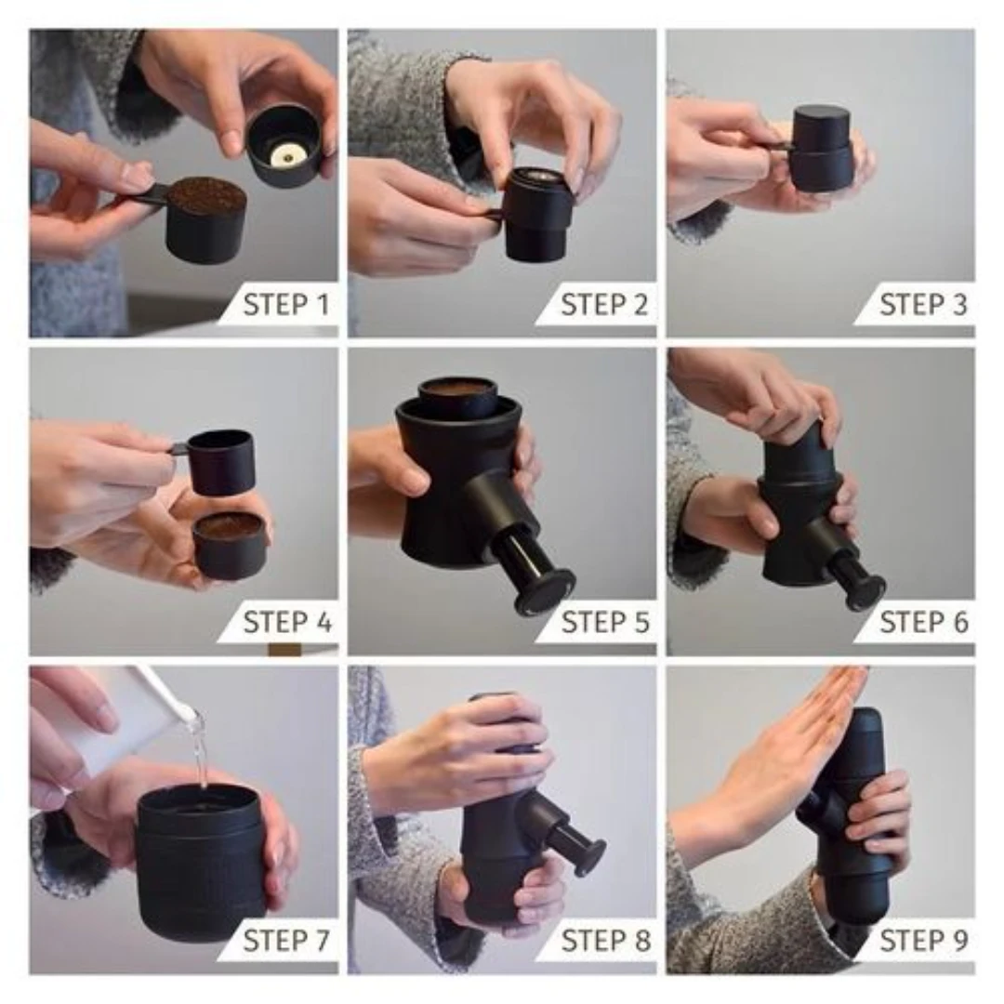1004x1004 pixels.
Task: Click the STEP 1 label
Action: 286,304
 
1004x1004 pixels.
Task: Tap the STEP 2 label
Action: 604,304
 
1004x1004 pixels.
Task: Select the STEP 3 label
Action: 923,304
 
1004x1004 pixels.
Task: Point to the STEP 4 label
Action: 287,622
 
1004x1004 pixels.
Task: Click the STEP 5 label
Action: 605,622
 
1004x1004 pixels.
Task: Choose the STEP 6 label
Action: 924,622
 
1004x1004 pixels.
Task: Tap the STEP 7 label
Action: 286,940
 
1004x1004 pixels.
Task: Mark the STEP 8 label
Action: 605,940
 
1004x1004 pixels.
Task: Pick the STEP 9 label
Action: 924,940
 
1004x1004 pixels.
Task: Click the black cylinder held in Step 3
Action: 822,150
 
